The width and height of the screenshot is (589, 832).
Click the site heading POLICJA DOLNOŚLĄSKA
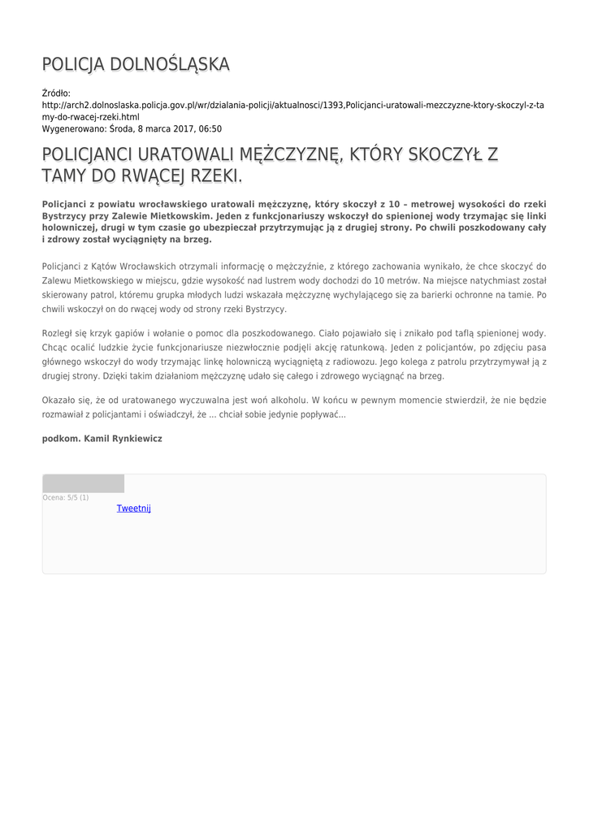[x=136, y=64]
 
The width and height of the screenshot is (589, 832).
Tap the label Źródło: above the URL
[x=56, y=93]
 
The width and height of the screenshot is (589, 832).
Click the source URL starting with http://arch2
[x=292, y=106]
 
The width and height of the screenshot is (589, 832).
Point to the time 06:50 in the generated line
[x=210, y=128]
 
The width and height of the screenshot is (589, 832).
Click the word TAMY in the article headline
[x=67, y=175]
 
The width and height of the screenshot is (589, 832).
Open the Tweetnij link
[x=133, y=509]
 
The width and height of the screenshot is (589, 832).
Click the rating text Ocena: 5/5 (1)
[x=66, y=497]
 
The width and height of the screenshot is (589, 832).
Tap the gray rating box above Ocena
[x=83, y=483]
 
